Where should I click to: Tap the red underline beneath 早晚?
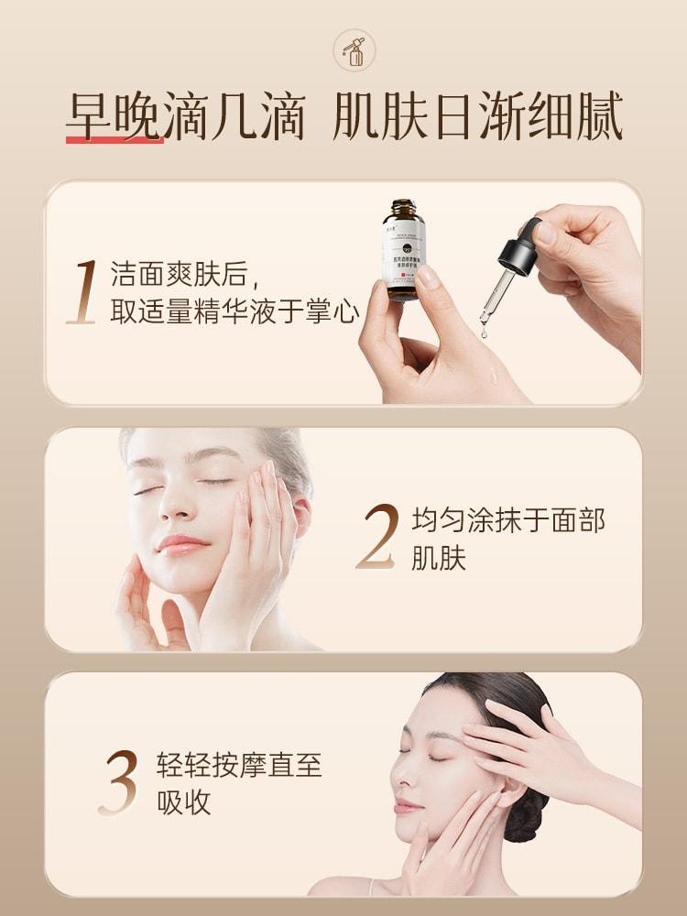point(114,140)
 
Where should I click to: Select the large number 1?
point(84,292)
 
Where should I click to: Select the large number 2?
point(376,536)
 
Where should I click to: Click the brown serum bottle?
point(403,250)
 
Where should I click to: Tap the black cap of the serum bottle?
point(403,208)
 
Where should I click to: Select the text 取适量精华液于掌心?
point(234,311)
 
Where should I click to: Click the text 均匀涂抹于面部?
point(507,521)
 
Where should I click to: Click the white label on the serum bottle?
point(403,252)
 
